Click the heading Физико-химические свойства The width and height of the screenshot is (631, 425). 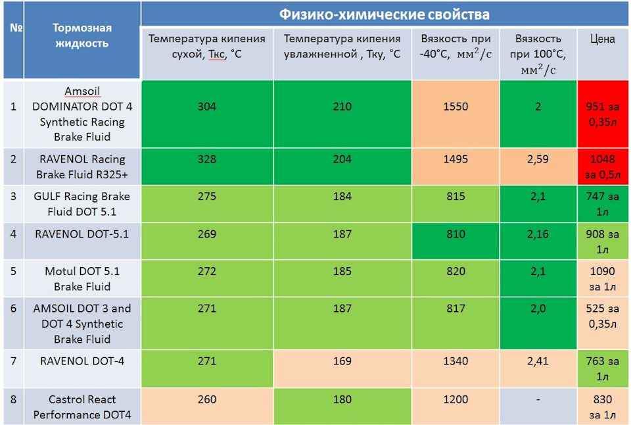coord(384,14)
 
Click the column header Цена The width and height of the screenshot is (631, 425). coord(602,39)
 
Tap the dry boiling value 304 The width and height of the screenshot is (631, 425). coord(206,107)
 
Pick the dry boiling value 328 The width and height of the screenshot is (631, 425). coord(206,159)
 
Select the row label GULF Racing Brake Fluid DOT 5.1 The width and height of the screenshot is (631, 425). coord(82,204)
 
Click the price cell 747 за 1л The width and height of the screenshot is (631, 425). coord(602,204)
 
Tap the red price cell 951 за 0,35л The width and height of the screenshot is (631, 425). coord(602,114)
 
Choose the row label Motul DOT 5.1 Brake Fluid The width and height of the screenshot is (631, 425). coord(82,279)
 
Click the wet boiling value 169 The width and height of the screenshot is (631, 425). coord(342,361)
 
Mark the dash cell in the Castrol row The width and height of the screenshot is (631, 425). coord(538,399)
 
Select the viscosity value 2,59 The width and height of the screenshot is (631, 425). coord(538,159)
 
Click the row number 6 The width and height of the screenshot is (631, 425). coord(13,309)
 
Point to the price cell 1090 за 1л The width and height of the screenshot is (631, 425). coord(602,279)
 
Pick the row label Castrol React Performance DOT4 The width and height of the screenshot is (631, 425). coord(82,407)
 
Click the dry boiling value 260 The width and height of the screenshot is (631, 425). coord(206,399)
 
